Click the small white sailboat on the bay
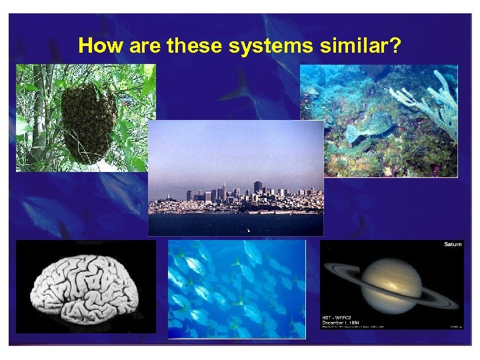[x=248, y=230]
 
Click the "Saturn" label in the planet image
[x=452, y=245]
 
